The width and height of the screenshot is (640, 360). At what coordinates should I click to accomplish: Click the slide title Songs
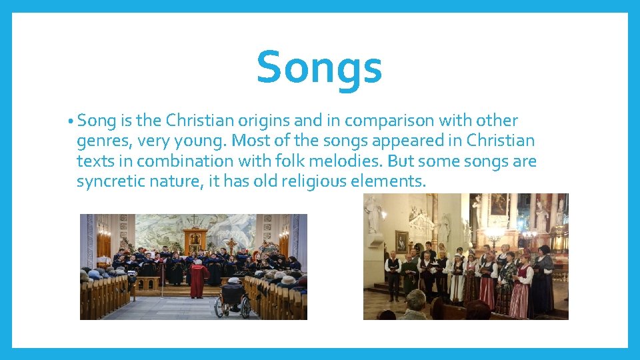pyautogui.click(x=319, y=67)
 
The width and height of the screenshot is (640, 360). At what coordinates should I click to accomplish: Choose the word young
pyautogui.click(x=187, y=141)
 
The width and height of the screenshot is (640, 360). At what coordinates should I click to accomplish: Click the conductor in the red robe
pyautogui.click(x=198, y=278)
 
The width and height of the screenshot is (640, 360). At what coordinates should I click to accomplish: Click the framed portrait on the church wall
pyautogui.click(x=401, y=241)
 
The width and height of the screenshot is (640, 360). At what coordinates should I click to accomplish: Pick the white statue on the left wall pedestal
pyautogui.click(x=371, y=213)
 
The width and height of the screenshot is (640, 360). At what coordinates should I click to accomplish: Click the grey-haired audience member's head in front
pyautogui.click(x=416, y=303)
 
